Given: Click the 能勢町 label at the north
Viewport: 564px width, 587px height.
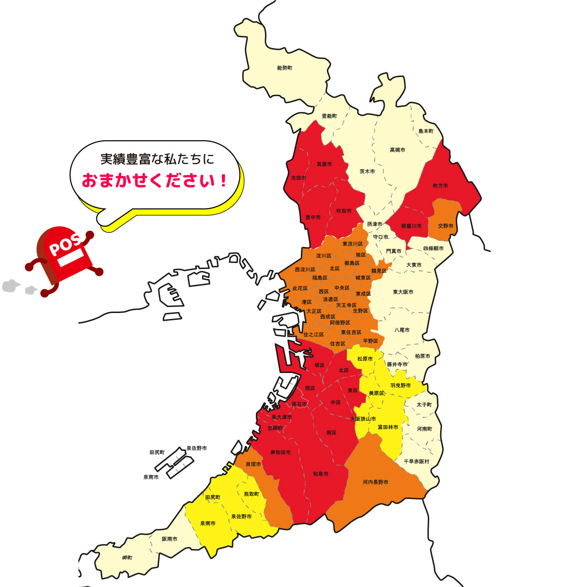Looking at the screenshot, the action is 284,68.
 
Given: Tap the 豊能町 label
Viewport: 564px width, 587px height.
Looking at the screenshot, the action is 329,116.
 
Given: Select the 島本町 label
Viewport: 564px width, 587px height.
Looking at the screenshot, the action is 426,131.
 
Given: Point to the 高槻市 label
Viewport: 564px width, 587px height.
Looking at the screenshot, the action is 397,150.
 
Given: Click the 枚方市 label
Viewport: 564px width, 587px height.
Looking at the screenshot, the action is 440,186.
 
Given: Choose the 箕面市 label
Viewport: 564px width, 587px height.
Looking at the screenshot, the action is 324,164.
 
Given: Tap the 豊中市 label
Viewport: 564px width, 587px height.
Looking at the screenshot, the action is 313,217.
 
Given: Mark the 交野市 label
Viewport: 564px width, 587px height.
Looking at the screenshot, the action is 445,226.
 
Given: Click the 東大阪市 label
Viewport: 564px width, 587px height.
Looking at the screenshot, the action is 403,292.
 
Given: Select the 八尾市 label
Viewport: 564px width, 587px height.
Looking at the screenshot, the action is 402,330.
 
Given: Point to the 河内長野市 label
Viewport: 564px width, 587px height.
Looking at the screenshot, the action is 375,482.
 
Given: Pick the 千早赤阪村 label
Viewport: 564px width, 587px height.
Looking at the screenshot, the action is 416,461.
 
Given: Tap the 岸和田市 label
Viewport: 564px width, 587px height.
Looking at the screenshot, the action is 280,452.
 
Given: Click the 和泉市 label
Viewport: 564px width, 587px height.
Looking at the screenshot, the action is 321,474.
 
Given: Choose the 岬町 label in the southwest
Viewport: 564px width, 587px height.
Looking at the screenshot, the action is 127,558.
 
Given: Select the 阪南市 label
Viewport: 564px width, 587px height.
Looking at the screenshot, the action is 169,539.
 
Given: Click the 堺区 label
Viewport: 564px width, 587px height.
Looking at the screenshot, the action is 319,365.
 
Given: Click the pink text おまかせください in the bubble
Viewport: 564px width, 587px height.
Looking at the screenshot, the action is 155,181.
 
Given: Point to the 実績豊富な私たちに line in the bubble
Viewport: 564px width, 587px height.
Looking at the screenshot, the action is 157,159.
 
